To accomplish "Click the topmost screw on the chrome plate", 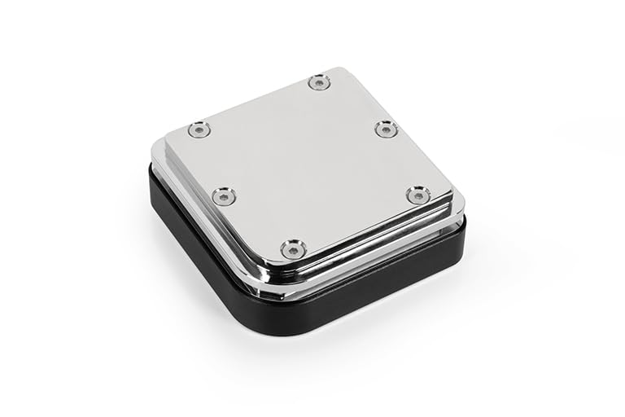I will [x=319, y=81].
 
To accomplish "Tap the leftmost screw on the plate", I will [x=199, y=129].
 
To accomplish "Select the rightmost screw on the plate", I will [x=417, y=194].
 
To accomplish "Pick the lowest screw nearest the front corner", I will [x=294, y=248].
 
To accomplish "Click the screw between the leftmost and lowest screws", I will [x=224, y=195].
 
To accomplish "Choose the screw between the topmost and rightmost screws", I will [x=386, y=128].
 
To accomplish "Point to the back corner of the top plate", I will [x=345, y=70].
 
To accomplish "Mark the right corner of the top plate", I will [x=450, y=195].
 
